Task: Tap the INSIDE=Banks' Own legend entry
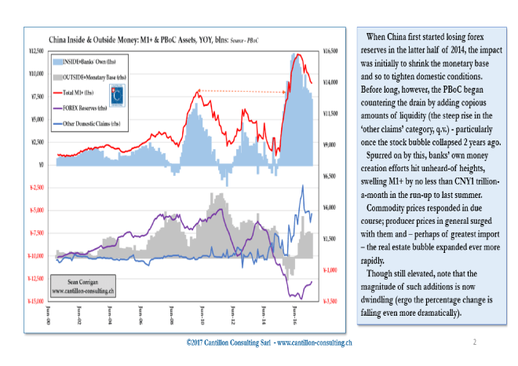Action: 86,60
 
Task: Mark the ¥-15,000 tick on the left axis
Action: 31,302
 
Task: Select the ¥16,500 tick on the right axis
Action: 330,50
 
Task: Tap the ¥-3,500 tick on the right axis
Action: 330,302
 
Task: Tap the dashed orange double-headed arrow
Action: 242,92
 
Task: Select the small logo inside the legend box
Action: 119,95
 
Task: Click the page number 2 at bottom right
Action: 475,342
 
